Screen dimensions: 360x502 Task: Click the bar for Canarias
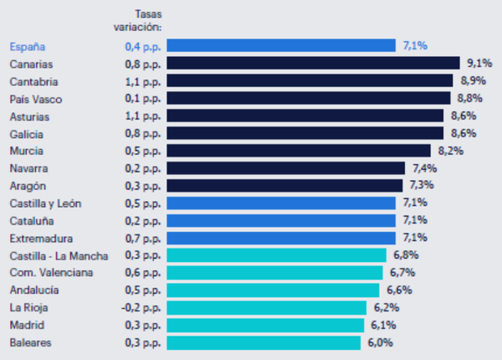pyautogui.click(x=313, y=63)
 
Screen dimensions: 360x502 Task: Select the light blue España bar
pyautogui.click(x=281, y=45)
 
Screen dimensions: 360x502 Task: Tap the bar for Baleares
pyautogui.click(x=264, y=342)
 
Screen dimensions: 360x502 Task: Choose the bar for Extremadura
pyautogui.click(x=281, y=238)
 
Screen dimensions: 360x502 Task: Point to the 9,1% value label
pyautogui.click(x=479, y=63)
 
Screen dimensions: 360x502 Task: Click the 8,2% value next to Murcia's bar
pyautogui.click(x=449, y=151)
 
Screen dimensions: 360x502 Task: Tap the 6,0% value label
pyautogui.click(x=379, y=342)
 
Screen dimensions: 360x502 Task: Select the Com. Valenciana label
pyautogui.click(x=51, y=273)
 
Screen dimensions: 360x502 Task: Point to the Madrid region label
pyautogui.click(x=27, y=325)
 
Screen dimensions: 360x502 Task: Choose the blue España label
pyautogui.click(x=28, y=45)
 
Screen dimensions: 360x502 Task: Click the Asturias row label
pyautogui.click(x=29, y=116)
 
